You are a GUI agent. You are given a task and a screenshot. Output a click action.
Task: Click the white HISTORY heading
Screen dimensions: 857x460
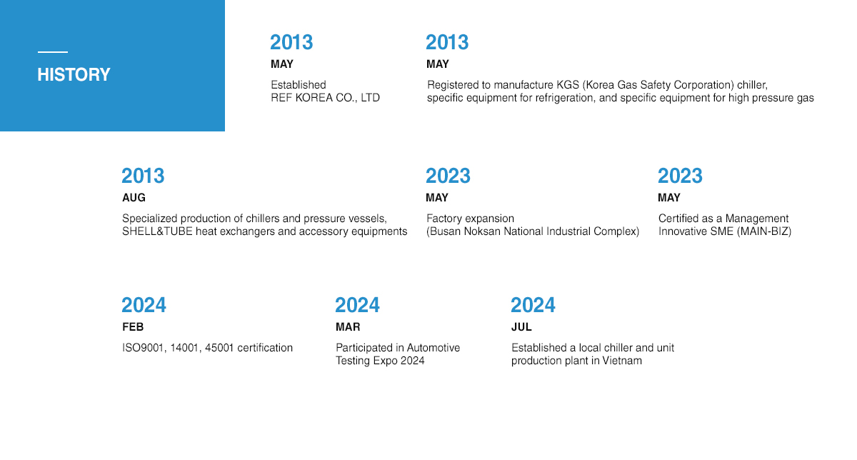coord(74,74)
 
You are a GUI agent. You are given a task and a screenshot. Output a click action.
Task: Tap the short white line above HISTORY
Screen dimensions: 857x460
coord(53,52)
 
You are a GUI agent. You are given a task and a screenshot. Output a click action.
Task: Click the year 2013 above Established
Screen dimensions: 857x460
coord(291,42)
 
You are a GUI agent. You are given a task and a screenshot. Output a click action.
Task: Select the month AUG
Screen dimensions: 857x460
coord(134,197)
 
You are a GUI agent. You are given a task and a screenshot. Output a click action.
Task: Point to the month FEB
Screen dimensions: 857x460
coord(133,327)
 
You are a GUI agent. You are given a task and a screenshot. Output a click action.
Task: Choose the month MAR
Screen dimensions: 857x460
coord(348,327)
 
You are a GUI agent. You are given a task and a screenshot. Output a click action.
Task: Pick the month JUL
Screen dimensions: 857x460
coord(521,327)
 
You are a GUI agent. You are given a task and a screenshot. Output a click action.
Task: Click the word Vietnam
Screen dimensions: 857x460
coord(622,361)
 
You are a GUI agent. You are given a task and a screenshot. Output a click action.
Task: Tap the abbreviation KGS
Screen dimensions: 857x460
coord(568,84)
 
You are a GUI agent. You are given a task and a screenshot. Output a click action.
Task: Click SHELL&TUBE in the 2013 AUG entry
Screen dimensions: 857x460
coord(157,231)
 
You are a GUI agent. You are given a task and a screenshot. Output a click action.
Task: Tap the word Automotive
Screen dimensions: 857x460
coord(433,347)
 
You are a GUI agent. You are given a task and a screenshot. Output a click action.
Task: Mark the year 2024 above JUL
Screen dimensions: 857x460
coord(533,305)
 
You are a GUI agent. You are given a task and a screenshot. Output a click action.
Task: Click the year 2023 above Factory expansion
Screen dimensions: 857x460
coord(448,176)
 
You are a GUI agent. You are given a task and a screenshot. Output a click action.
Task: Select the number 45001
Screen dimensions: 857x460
coord(219,348)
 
